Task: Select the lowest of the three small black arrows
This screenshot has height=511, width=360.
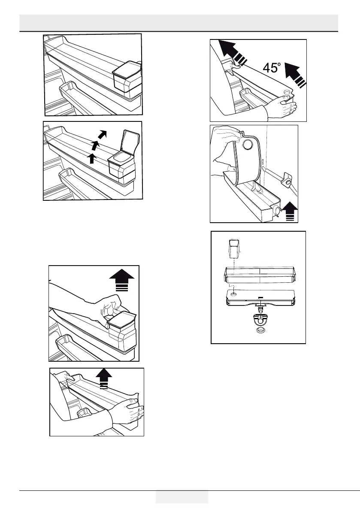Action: coord(91,158)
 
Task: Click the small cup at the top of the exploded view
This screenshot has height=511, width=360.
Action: coord(233,248)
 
